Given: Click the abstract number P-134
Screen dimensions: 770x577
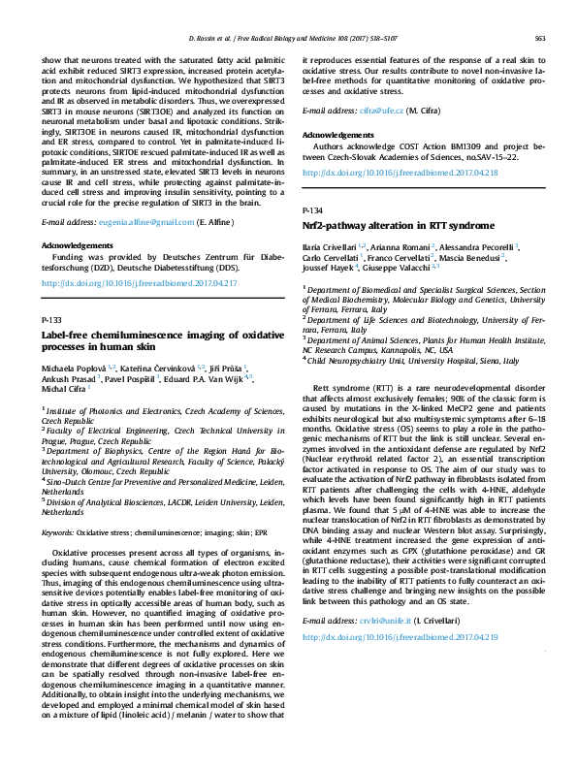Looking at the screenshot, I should pos(312,209).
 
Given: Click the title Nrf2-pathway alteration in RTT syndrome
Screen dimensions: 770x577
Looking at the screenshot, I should pos(384,224).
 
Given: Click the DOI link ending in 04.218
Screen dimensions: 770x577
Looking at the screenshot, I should pos(400,173).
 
